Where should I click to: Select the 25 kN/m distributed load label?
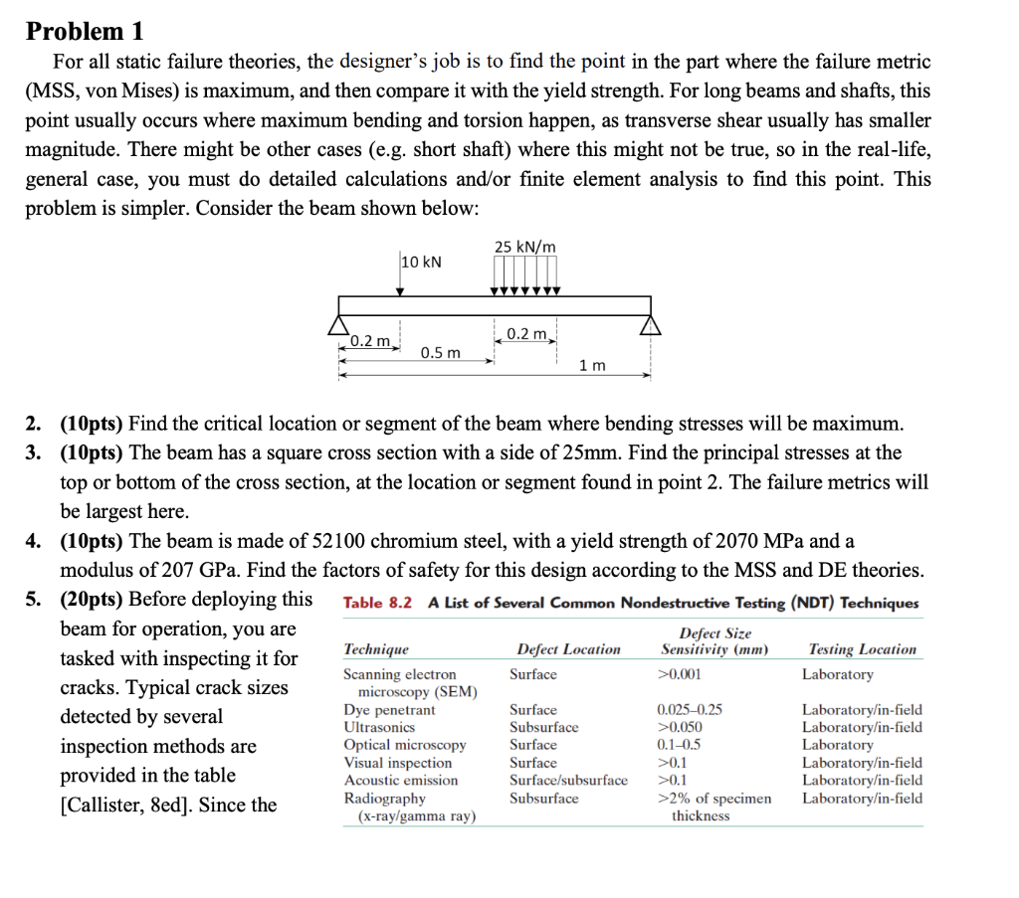click(x=524, y=246)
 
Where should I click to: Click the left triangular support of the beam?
click(x=340, y=324)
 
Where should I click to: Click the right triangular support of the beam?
click(x=651, y=324)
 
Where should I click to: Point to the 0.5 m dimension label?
click(x=441, y=353)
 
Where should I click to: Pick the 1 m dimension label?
click(x=592, y=365)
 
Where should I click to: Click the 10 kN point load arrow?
click(x=400, y=277)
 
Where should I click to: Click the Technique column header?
click(x=375, y=649)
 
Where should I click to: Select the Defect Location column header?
click(x=568, y=649)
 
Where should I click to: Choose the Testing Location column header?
click(x=863, y=649)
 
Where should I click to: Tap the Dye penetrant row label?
click(x=389, y=710)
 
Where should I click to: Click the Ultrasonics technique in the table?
click(x=377, y=728)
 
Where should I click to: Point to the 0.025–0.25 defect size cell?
click(x=690, y=710)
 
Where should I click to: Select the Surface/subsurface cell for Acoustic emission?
click(x=568, y=781)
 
